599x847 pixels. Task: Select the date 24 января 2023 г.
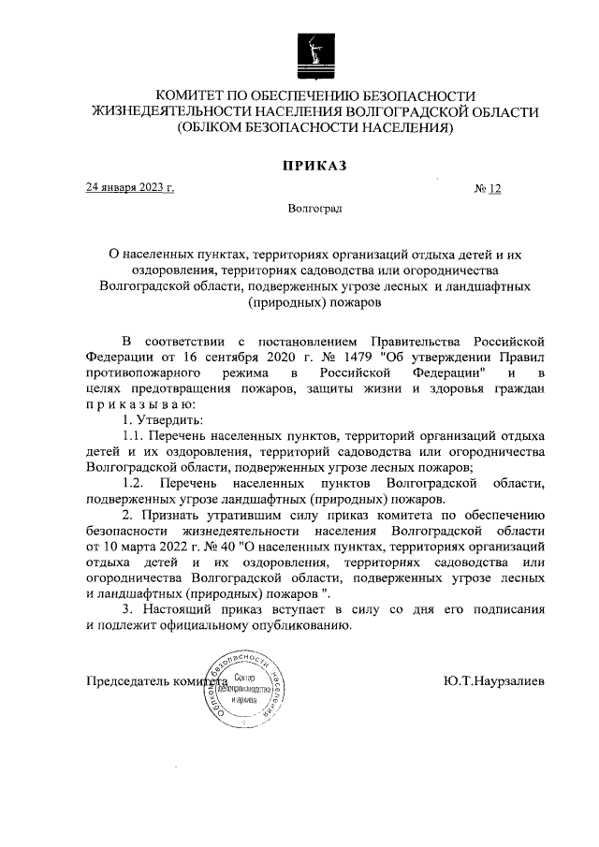(x=130, y=187)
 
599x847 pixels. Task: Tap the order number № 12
(x=489, y=188)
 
